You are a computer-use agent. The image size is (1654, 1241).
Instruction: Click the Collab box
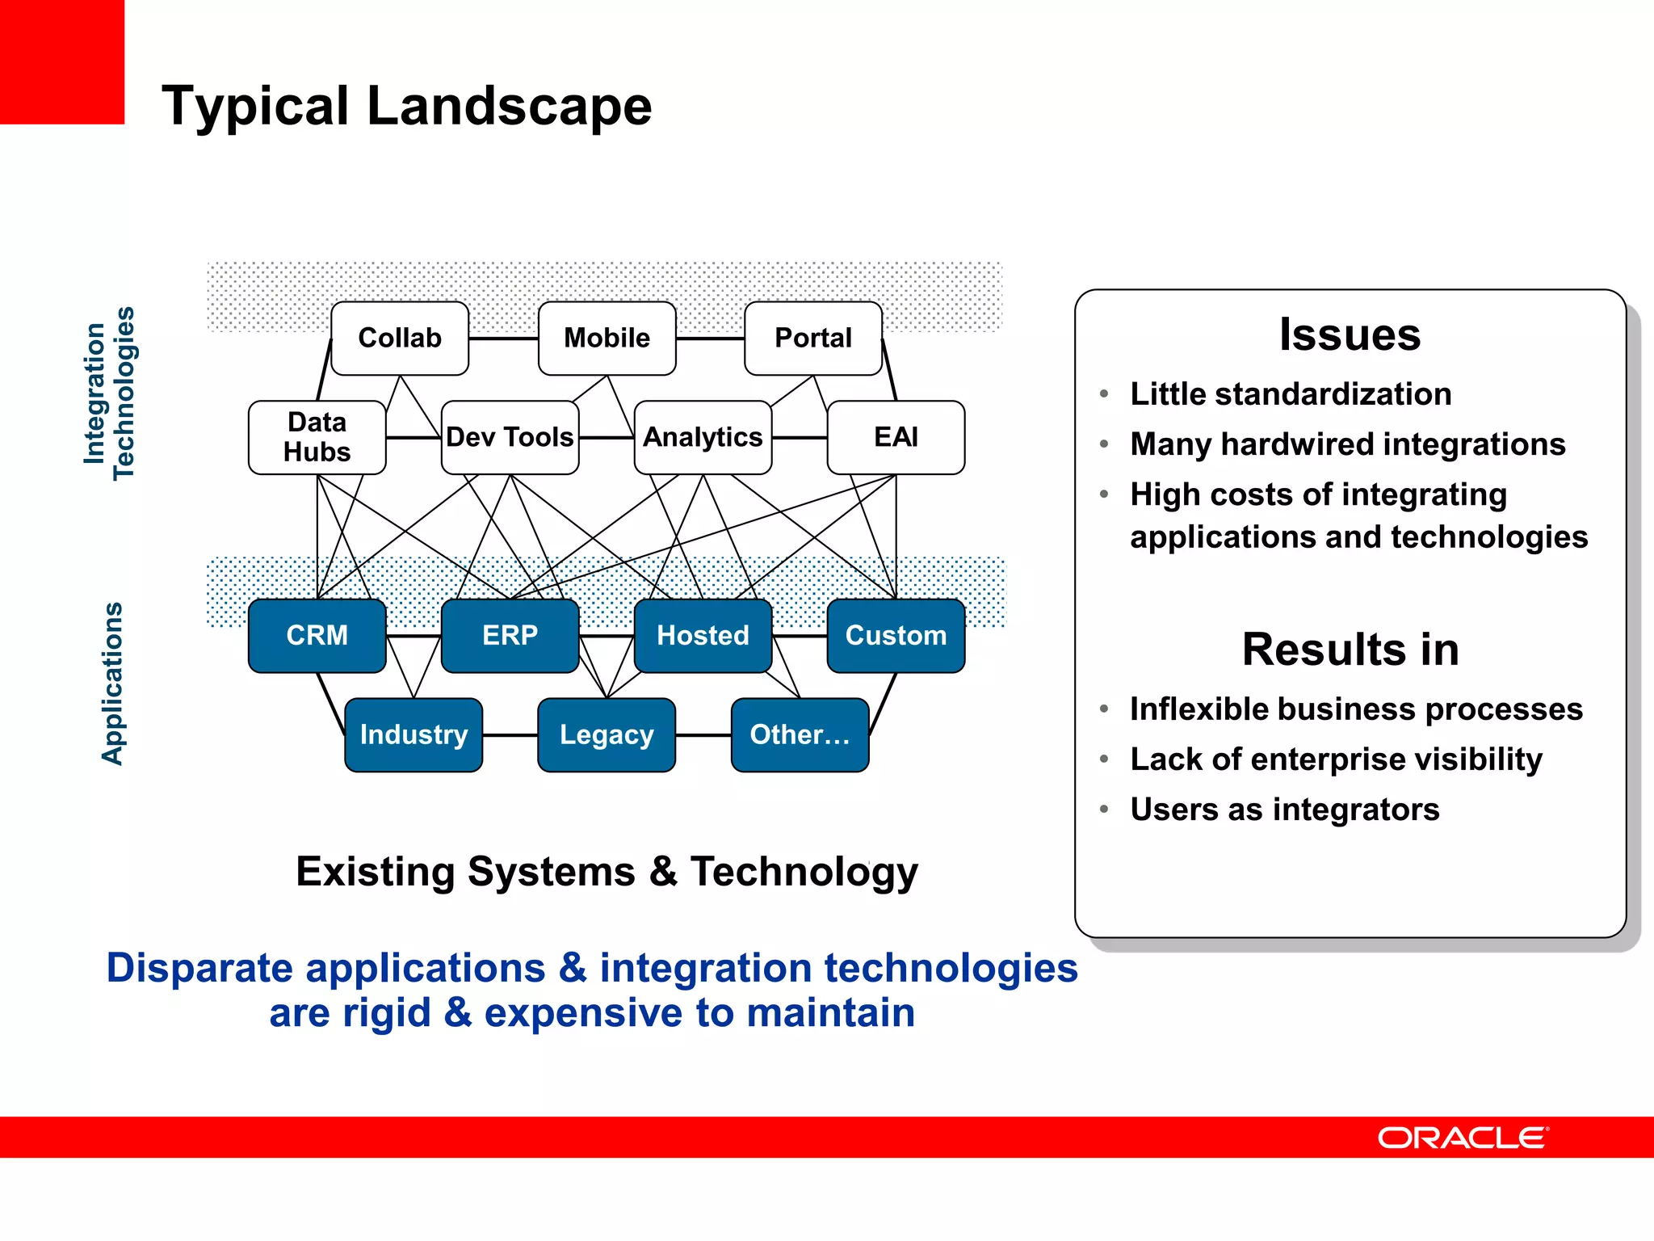tap(400, 338)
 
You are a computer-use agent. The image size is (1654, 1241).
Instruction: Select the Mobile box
tap(607, 338)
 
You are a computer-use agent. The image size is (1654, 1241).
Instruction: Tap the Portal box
tap(812, 338)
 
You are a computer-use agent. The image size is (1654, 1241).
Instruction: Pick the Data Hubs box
tap(317, 437)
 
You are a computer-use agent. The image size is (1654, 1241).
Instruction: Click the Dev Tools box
tap(510, 437)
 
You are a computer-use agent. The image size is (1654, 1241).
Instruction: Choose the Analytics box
tap(703, 437)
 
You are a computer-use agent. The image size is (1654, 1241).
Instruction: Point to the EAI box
tap(896, 437)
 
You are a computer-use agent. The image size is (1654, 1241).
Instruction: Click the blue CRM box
tap(317, 635)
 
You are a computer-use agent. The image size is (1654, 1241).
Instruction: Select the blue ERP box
tap(510, 635)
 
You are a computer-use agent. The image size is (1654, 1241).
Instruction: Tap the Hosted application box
tap(703, 635)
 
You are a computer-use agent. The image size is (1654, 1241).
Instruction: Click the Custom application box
tap(896, 635)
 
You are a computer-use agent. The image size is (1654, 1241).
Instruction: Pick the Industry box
tap(413, 734)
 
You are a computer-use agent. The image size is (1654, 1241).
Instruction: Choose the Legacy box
tap(607, 734)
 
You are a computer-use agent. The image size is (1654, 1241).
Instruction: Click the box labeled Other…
tap(800, 734)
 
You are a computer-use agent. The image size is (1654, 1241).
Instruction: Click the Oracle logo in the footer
tap(1463, 1138)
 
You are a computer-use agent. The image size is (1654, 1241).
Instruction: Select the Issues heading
tap(1350, 334)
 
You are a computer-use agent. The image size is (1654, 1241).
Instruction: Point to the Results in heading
tap(1350, 649)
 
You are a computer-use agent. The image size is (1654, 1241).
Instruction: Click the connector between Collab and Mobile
tap(503, 339)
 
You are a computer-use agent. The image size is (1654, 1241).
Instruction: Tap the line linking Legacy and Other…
tap(703, 735)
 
